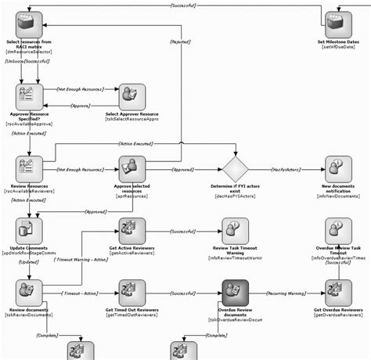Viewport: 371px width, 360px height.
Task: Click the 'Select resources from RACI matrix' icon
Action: (29, 24)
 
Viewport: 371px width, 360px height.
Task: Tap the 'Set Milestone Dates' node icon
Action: (338, 24)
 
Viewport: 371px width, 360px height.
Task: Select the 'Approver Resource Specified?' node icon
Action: (29, 96)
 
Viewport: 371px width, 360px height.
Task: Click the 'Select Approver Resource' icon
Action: (131, 96)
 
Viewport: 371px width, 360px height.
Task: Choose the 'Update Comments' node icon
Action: (29, 230)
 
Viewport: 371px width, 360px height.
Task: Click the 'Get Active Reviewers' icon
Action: (131, 230)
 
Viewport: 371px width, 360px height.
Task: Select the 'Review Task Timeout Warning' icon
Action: (235, 230)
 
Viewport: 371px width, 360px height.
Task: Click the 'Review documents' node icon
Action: (29, 293)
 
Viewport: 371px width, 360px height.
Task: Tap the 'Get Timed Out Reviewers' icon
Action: (131, 293)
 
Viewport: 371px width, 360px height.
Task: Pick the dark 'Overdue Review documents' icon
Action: (235, 293)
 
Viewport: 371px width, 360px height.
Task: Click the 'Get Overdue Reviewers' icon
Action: (338, 293)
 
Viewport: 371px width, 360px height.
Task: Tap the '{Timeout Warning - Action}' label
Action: (81, 260)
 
